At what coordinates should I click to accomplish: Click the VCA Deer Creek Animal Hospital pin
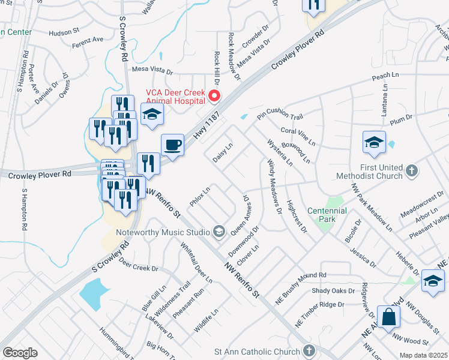(214, 96)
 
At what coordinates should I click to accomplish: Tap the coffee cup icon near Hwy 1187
(173, 145)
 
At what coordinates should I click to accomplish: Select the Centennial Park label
(327, 215)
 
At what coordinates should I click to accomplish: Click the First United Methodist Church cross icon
(412, 171)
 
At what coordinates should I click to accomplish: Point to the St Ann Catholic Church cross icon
(309, 350)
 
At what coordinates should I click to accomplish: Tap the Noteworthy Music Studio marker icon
(219, 232)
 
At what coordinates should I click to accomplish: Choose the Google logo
(20, 353)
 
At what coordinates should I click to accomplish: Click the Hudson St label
(64, 32)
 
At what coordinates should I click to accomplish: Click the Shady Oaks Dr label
(333, 291)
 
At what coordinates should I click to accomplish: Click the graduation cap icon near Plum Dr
(373, 143)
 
